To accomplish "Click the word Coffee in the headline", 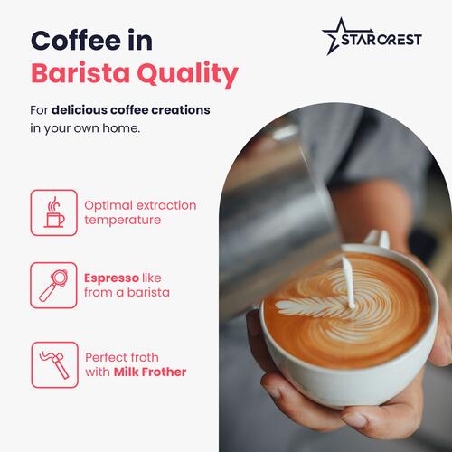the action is pyautogui.click(x=76, y=40).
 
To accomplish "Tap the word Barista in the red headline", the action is pyautogui.click(x=80, y=73).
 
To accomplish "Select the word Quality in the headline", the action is pyautogui.click(x=187, y=74).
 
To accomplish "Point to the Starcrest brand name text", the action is pyautogui.click(x=381, y=40).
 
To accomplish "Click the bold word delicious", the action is pyautogui.click(x=80, y=110).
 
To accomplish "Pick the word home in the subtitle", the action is pyautogui.click(x=121, y=128).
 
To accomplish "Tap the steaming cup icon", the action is pyautogui.click(x=54, y=212).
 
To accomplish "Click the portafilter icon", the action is pyautogui.click(x=53, y=285).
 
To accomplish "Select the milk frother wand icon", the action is pyautogui.click(x=55, y=364).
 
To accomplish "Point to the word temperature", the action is pyautogui.click(x=123, y=221).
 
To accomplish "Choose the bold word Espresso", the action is pyautogui.click(x=111, y=278).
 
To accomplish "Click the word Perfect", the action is pyautogui.click(x=105, y=357).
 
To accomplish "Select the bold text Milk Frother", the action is pyautogui.click(x=150, y=372).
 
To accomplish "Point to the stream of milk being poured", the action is pyautogui.click(x=348, y=282).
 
